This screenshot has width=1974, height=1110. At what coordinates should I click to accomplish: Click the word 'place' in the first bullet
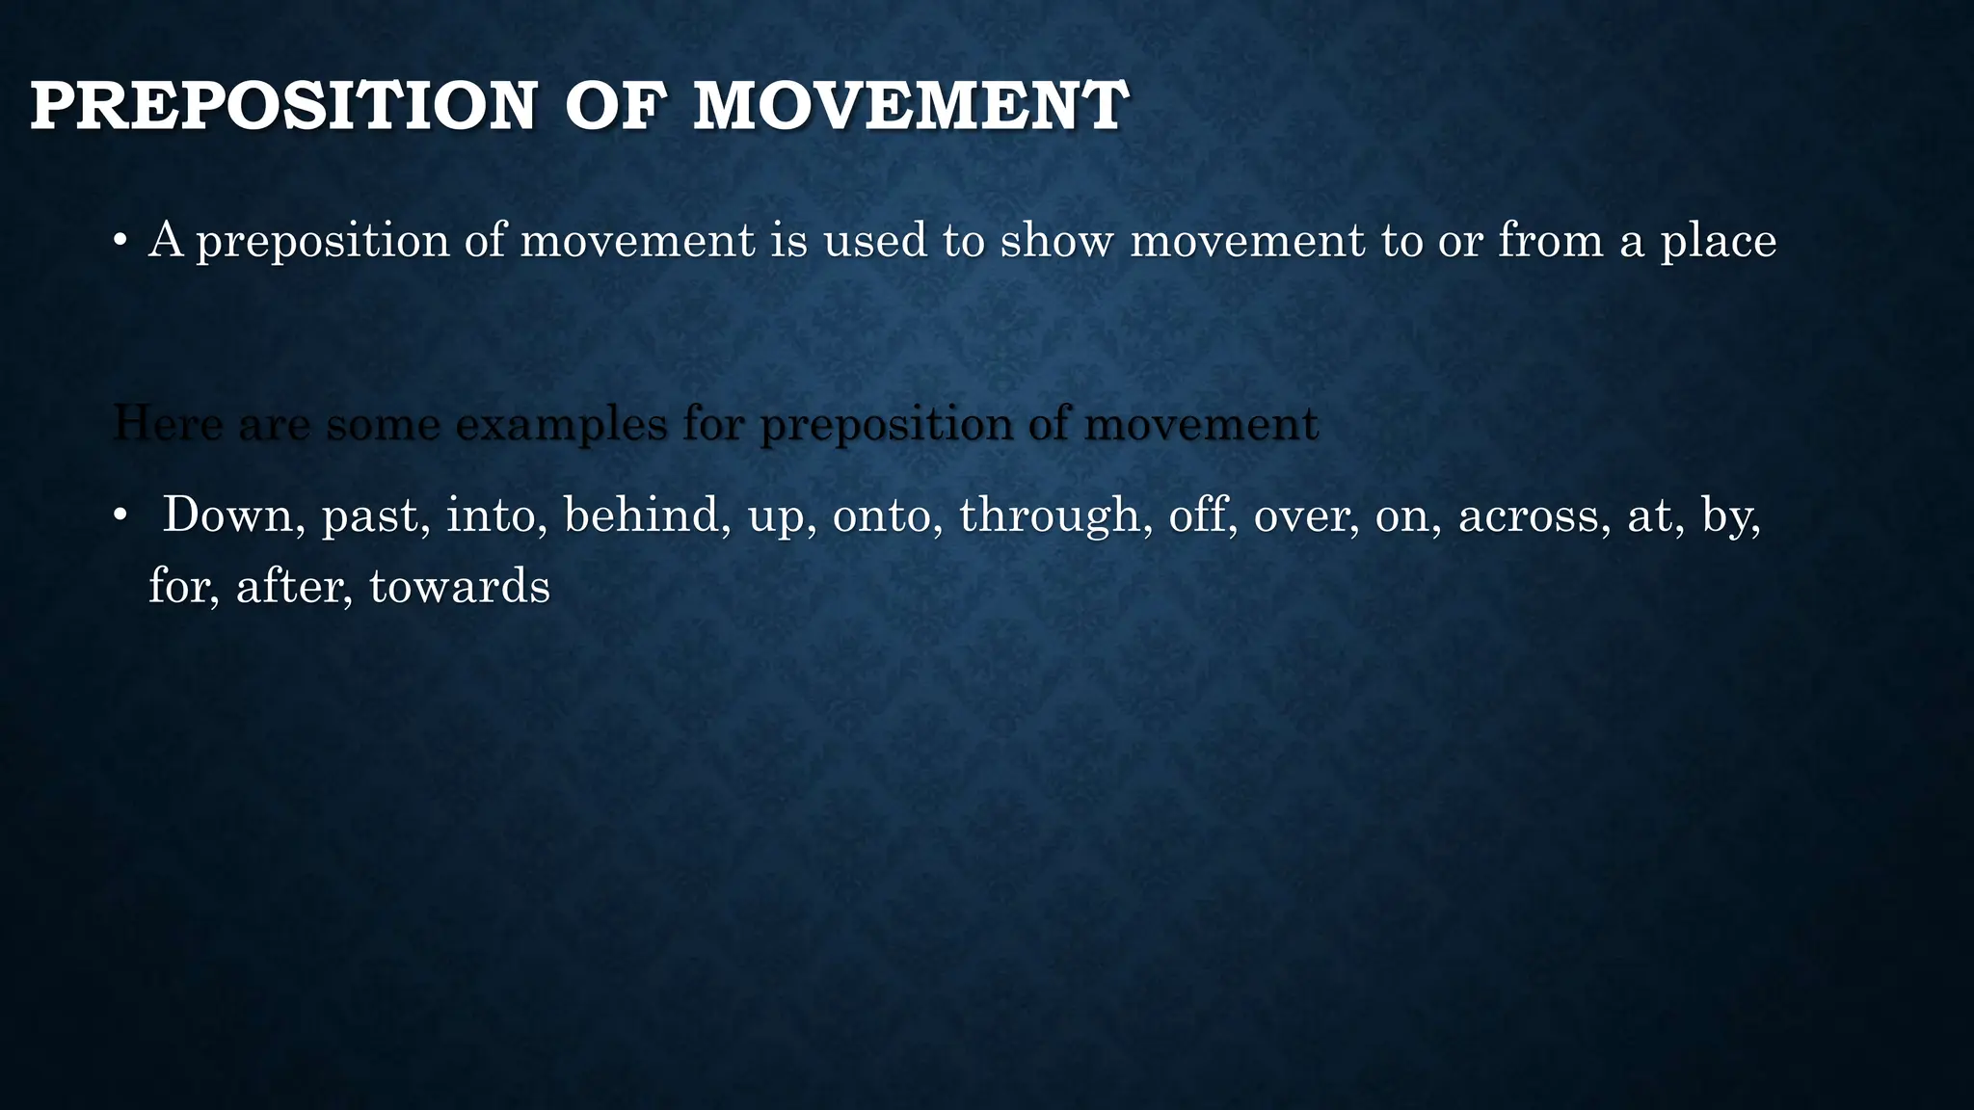tap(1718, 242)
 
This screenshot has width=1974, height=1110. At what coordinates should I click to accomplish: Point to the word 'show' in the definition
tap(1056, 240)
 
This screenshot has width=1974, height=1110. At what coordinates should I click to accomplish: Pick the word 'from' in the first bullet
tap(1550, 240)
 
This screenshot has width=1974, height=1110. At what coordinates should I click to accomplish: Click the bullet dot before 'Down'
tap(120, 516)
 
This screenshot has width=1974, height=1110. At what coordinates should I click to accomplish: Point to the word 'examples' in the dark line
tap(560, 425)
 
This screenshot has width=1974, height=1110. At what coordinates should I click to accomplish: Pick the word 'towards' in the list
tap(459, 587)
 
